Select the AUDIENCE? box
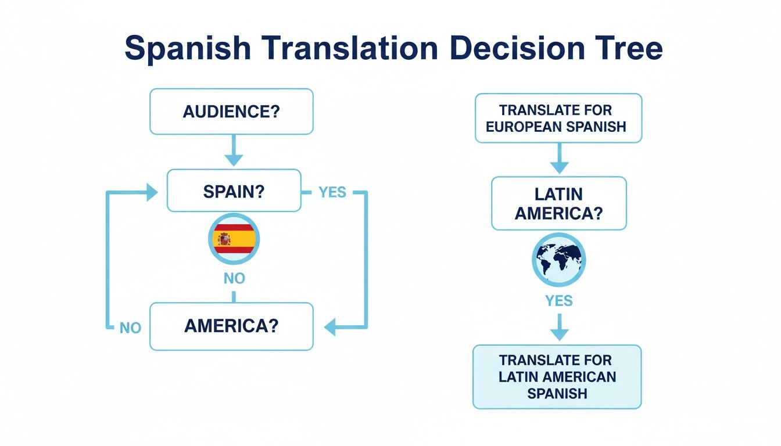pyautogui.click(x=231, y=111)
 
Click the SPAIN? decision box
pyautogui.click(x=234, y=191)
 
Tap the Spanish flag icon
pyautogui.click(x=233, y=239)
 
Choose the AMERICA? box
pyautogui.click(x=231, y=326)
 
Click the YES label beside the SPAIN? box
pyautogui.click(x=332, y=192)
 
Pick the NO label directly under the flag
pyautogui.click(x=234, y=279)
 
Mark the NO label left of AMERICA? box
pyautogui.click(x=130, y=328)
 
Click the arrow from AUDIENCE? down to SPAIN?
pyautogui.click(x=234, y=151)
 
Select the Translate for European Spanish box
pyautogui.click(x=558, y=118)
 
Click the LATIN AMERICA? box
pyautogui.click(x=558, y=203)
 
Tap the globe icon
pyautogui.click(x=558, y=260)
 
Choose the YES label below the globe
pyautogui.click(x=558, y=301)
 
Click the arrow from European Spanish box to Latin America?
pyautogui.click(x=558, y=159)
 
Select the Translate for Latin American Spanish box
pyautogui.click(x=557, y=377)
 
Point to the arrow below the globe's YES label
pyautogui.click(x=558, y=328)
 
